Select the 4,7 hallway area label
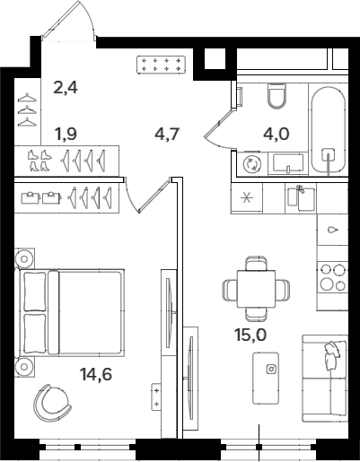click(x=167, y=136)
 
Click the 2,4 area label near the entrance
click(x=66, y=87)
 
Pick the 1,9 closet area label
click(x=66, y=135)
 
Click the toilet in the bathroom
click(x=276, y=96)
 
